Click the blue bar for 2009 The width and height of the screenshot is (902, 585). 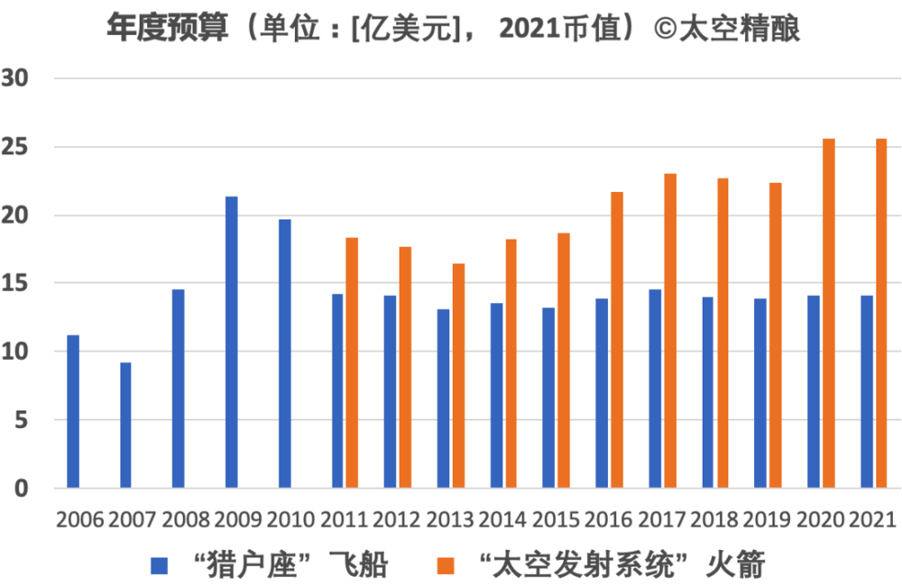click(x=232, y=343)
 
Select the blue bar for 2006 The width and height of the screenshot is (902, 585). click(x=73, y=412)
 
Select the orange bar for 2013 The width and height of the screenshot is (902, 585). click(x=458, y=376)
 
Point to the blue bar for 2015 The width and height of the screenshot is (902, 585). click(x=548, y=398)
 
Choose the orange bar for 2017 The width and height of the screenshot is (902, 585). click(x=670, y=331)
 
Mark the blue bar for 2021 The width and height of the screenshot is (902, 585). click(x=867, y=392)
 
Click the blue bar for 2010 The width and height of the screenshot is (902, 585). click(x=285, y=353)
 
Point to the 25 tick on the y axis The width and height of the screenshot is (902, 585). click(x=21, y=147)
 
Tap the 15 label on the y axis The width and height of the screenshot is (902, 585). click(x=21, y=283)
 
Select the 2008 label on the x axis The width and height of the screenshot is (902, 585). click(x=186, y=521)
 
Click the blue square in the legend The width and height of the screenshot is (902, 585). click(x=160, y=566)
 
